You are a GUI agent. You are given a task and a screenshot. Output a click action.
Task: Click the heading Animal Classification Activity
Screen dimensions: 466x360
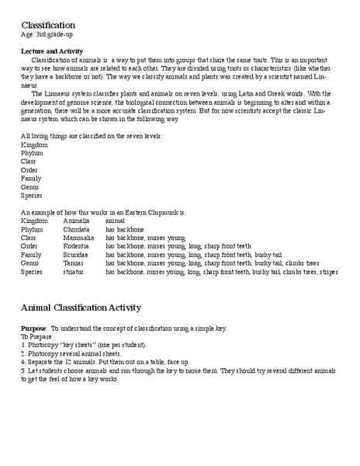(x=92, y=308)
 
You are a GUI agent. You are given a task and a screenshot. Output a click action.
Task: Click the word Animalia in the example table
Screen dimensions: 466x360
(x=77, y=220)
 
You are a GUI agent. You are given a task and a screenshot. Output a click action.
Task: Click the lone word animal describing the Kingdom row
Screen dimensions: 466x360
(x=116, y=220)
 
